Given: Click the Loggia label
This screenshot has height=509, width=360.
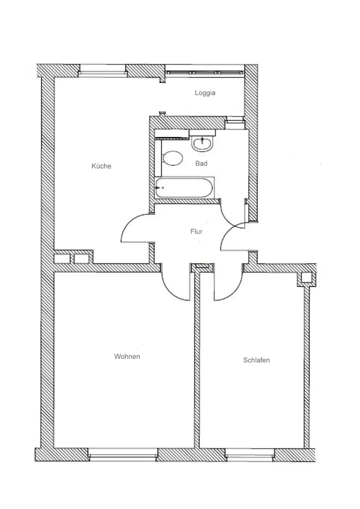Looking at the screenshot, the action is pyautogui.click(x=205, y=93).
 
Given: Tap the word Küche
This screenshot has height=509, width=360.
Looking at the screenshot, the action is pyautogui.click(x=101, y=166).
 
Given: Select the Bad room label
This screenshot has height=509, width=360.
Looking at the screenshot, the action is pyautogui.click(x=201, y=164).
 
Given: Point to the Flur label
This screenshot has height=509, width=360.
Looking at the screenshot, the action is pyautogui.click(x=197, y=232).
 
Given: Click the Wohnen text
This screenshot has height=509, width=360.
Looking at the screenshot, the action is pyautogui.click(x=127, y=356).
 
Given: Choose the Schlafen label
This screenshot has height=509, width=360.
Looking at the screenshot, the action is pyautogui.click(x=257, y=360).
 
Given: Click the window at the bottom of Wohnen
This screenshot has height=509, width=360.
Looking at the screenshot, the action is pyautogui.click(x=123, y=452).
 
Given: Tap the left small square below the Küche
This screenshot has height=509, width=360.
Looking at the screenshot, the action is pyautogui.click(x=62, y=259).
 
